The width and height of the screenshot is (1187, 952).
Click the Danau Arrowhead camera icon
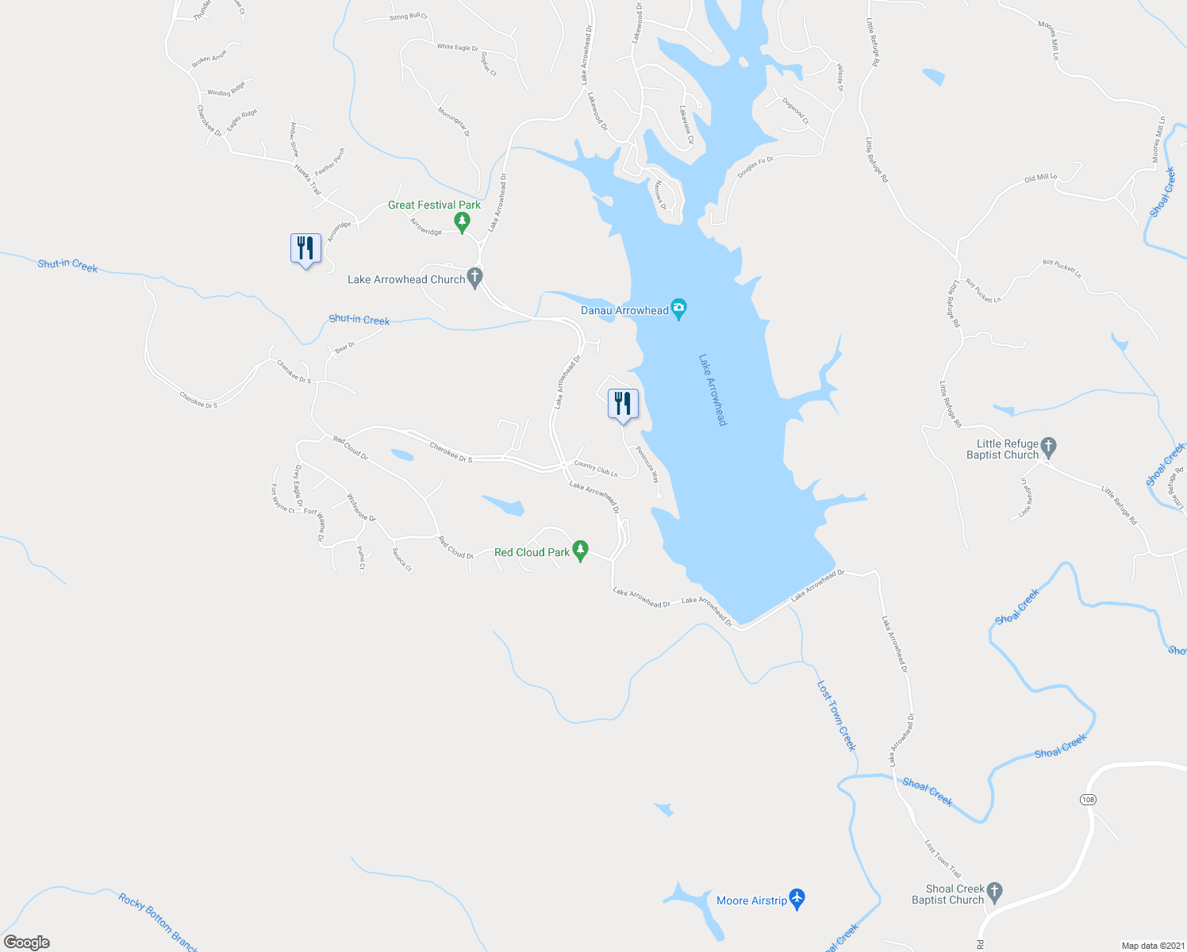[678, 308]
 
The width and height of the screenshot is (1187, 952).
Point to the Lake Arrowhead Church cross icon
[475, 278]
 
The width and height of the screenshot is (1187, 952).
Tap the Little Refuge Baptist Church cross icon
[1048, 447]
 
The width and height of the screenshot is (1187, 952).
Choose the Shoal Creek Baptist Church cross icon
[994, 892]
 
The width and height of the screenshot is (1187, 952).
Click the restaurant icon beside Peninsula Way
[623, 404]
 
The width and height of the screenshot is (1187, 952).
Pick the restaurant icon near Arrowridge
[305, 248]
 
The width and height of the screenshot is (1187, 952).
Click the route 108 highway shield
[1087, 800]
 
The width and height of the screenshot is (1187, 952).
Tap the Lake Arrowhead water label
[712, 390]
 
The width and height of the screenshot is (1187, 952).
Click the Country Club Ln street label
[595, 469]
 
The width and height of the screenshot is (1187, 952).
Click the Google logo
[27, 942]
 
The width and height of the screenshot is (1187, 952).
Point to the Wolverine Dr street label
[361, 507]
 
